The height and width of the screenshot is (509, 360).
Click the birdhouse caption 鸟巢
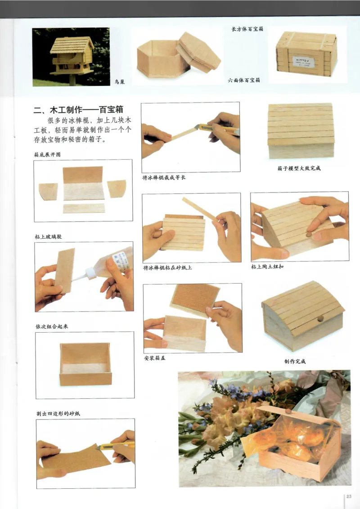[x=119, y=82]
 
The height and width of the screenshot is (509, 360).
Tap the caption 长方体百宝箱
[x=247, y=29]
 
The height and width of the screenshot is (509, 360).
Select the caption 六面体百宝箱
[x=244, y=80]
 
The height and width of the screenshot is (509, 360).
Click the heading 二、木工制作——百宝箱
[x=79, y=110]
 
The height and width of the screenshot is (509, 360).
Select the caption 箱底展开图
[x=47, y=154]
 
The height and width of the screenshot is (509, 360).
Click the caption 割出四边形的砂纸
[x=59, y=413]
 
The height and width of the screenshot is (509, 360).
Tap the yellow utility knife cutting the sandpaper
[x=115, y=446]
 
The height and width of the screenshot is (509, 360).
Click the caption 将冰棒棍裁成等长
[x=164, y=178]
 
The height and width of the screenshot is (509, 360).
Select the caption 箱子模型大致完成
[x=299, y=169]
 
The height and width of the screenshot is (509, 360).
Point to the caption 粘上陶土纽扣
[x=267, y=267]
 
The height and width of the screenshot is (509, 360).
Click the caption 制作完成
[x=295, y=361]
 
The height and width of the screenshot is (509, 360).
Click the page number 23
[x=349, y=496]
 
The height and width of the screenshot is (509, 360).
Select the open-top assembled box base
[x=85, y=364]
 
